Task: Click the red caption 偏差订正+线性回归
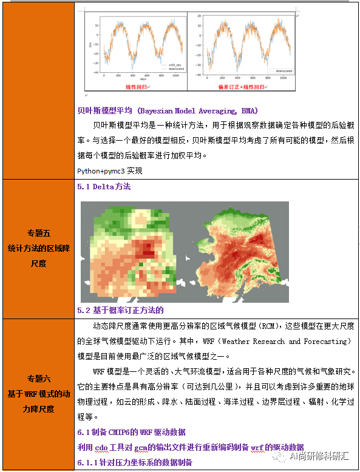[241, 87]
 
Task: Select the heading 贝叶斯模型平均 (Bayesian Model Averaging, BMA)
[168, 111]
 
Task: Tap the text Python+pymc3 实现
[107, 169]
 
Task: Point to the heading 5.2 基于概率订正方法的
[121, 310]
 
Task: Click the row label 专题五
[38, 233]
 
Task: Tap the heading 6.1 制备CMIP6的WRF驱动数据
[131, 432]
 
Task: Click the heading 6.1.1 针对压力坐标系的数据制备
[134, 463]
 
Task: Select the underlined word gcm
[141, 447]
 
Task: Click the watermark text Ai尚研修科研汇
[319, 455]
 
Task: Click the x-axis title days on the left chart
[143, 79]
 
